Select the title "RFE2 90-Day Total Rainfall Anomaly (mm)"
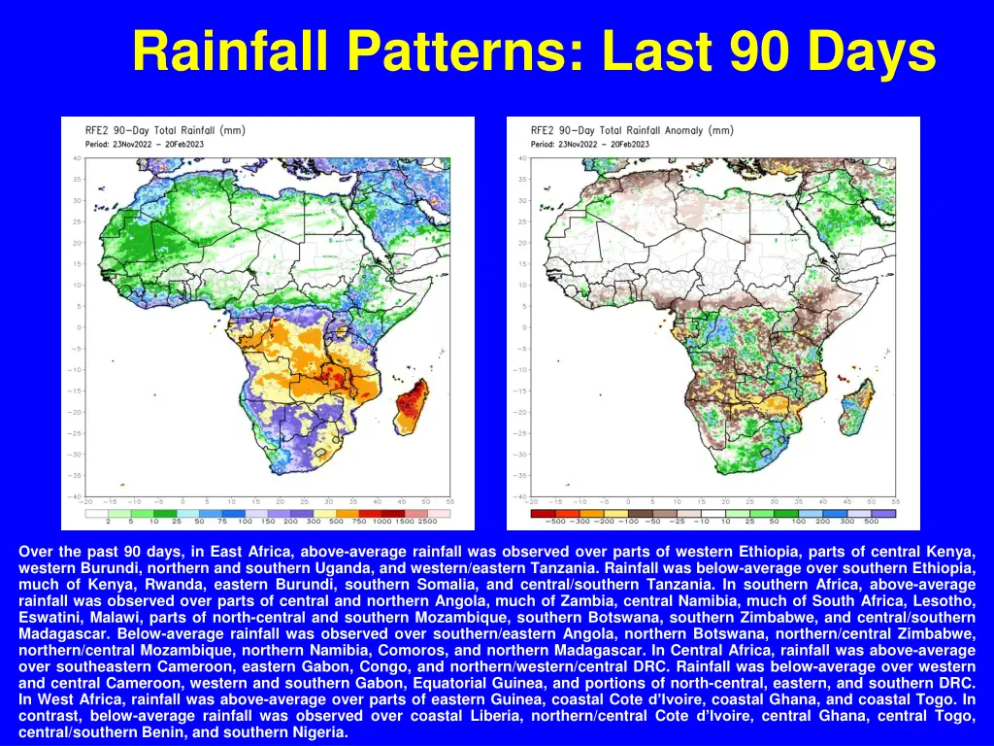pos(632,130)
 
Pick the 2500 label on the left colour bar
pos(441,522)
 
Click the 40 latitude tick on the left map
pos(76,158)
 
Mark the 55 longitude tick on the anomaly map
pos(895,501)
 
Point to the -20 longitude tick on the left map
pos(86,501)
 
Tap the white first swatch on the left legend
pos(96,513)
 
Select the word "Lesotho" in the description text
pos(947,600)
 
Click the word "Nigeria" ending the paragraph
pos(320,732)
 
